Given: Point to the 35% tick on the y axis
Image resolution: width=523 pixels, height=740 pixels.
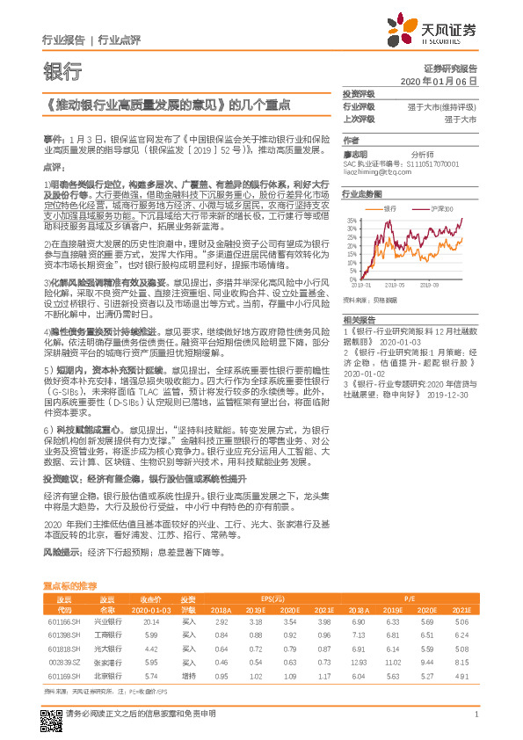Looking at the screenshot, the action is [x=351, y=221].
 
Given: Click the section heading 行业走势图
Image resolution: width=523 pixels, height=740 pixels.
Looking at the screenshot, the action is [x=361, y=193].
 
